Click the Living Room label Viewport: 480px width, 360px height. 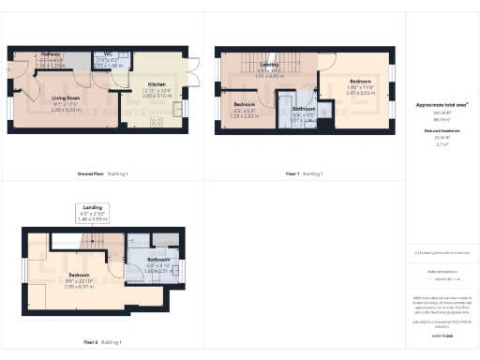65,97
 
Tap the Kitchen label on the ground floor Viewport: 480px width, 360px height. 157,84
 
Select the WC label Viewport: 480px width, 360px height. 109,54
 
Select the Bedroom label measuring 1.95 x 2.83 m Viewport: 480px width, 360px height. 244,104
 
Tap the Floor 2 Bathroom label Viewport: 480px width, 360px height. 157,259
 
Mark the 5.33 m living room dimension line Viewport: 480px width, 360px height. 65,109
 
